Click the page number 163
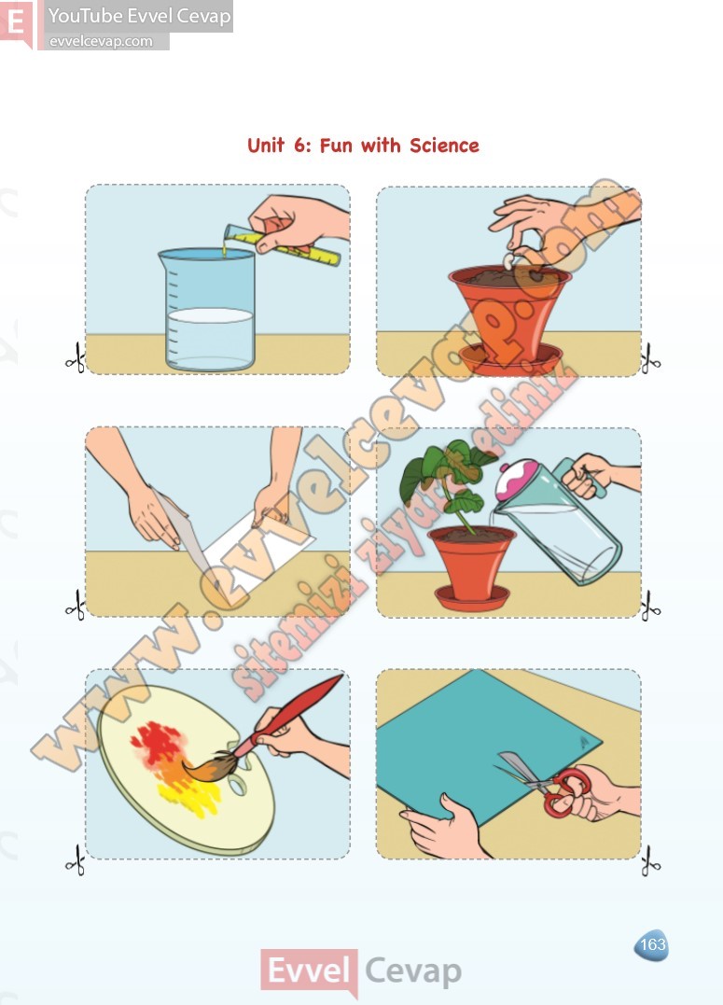click(x=652, y=944)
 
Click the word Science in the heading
click(x=444, y=146)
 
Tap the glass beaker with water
click(x=207, y=310)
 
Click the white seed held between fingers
click(x=509, y=261)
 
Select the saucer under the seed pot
click(x=510, y=359)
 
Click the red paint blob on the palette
click(x=158, y=744)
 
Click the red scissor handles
click(x=566, y=792)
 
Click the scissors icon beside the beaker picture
click(x=76, y=358)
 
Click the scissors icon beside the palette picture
click(x=76, y=860)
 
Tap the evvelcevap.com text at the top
click(x=101, y=41)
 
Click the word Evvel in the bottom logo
click(x=308, y=970)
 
